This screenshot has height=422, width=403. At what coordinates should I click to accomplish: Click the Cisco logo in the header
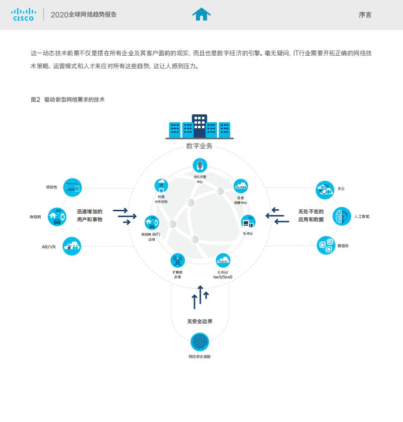click(23, 14)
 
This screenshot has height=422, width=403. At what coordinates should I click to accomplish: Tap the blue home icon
click(201, 14)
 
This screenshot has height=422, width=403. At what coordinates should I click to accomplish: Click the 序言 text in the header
click(365, 15)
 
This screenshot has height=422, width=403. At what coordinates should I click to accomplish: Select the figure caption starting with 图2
click(67, 99)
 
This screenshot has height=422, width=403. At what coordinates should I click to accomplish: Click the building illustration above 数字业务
click(199, 126)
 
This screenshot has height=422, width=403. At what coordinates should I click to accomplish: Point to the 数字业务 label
click(199, 146)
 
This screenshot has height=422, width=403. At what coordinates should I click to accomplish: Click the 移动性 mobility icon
click(72, 187)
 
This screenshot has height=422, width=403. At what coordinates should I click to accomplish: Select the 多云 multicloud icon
click(325, 189)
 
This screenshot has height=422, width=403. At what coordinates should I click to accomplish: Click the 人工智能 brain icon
click(341, 216)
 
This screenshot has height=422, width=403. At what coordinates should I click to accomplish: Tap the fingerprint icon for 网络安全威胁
click(200, 342)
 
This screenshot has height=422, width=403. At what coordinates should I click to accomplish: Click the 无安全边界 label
click(200, 322)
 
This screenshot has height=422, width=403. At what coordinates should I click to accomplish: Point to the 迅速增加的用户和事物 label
click(90, 215)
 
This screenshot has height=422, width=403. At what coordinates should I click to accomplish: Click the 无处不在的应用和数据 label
click(311, 215)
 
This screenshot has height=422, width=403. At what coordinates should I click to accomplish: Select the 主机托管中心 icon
click(200, 166)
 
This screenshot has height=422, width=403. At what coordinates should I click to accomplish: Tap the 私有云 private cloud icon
click(248, 222)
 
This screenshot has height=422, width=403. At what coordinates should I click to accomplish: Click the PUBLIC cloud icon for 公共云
click(223, 260)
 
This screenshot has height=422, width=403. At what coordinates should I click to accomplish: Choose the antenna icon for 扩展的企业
click(177, 260)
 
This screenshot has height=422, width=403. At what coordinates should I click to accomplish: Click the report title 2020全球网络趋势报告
click(83, 15)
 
